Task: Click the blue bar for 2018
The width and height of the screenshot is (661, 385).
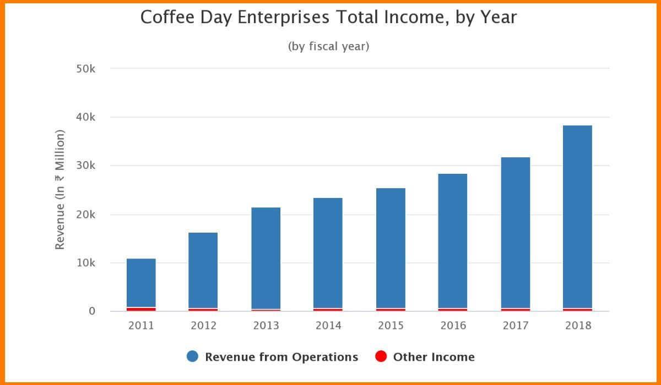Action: (x=577, y=217)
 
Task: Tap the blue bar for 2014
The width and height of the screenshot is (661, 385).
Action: (x=328, y=253)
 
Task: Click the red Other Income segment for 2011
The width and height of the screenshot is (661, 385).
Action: (x=141, y=309)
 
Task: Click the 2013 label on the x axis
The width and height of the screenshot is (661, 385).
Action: (x=266, y=326)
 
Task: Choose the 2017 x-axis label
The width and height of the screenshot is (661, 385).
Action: (x=516, y=326)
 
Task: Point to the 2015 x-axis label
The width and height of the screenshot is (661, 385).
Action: (x=391, y=326)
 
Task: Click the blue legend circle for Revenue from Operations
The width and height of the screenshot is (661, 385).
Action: (x=192, y=357)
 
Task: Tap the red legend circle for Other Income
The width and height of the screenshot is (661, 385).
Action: (x=381, y=357)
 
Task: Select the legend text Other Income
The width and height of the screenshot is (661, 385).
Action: (x=434, y=357)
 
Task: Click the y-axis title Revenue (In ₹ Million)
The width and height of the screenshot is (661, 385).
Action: (x=60, y=190)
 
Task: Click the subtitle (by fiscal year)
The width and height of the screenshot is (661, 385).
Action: (x=328, y=46)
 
